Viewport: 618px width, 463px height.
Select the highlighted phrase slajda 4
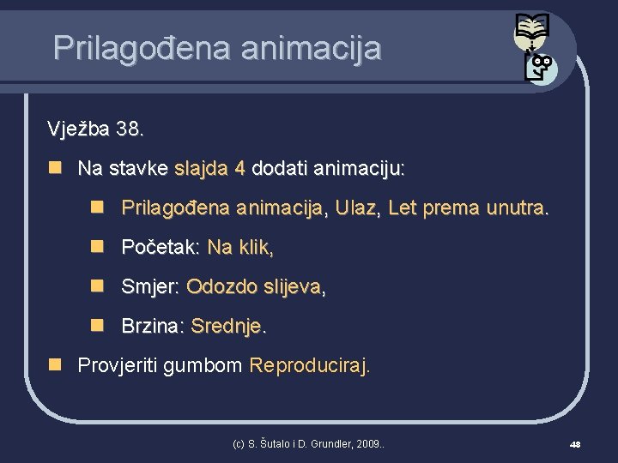pos(209,169)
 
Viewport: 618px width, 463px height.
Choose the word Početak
pos(160,248)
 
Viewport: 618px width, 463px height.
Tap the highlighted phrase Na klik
pos(240,248)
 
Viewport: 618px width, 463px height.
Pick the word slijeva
pos(294,287)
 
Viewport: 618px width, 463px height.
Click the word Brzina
pos(152,327)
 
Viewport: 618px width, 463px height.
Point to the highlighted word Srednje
pos(228,327)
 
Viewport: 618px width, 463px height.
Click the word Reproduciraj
pos(310,366)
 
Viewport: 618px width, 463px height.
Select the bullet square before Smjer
pos(99,286)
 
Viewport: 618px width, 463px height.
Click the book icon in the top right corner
pos(530,33)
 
